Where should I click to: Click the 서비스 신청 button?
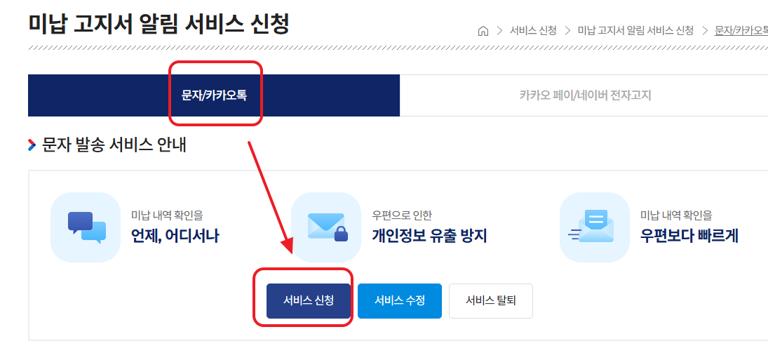(x=308, y=301)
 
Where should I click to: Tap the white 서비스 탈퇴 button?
(x=490, y=301)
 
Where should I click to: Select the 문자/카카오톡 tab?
(x=214, y=95)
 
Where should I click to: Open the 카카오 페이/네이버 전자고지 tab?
(x=585, y=95)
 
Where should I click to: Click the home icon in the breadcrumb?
(x=483, y=31)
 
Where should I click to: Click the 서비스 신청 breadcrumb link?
(x=533, y=31)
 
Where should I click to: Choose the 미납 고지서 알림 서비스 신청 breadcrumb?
(x=635, y=31)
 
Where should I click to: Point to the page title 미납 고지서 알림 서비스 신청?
(x=159, y=24)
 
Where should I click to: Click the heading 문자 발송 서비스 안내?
(x=114, y=146)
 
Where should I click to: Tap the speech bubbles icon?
(x=86, y=227)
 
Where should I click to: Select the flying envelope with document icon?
(x=593, y=227)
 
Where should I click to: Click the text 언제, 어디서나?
(x=175, y=236)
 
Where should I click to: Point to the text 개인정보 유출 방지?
(x=429, y=236)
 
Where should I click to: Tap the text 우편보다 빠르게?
(x=689, y=236)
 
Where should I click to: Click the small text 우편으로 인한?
(x=402, y=215)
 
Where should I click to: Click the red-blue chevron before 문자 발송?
(x=32, y=146)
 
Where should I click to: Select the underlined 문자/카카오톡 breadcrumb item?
(x=741, y=31)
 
